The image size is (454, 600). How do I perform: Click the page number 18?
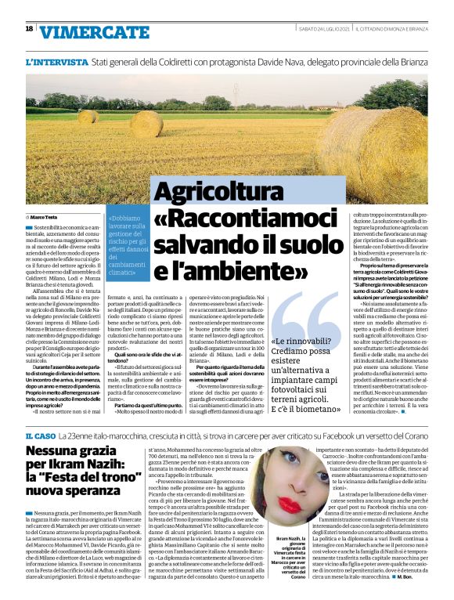[29, 28]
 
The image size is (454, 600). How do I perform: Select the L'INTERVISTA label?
[56, 61]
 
